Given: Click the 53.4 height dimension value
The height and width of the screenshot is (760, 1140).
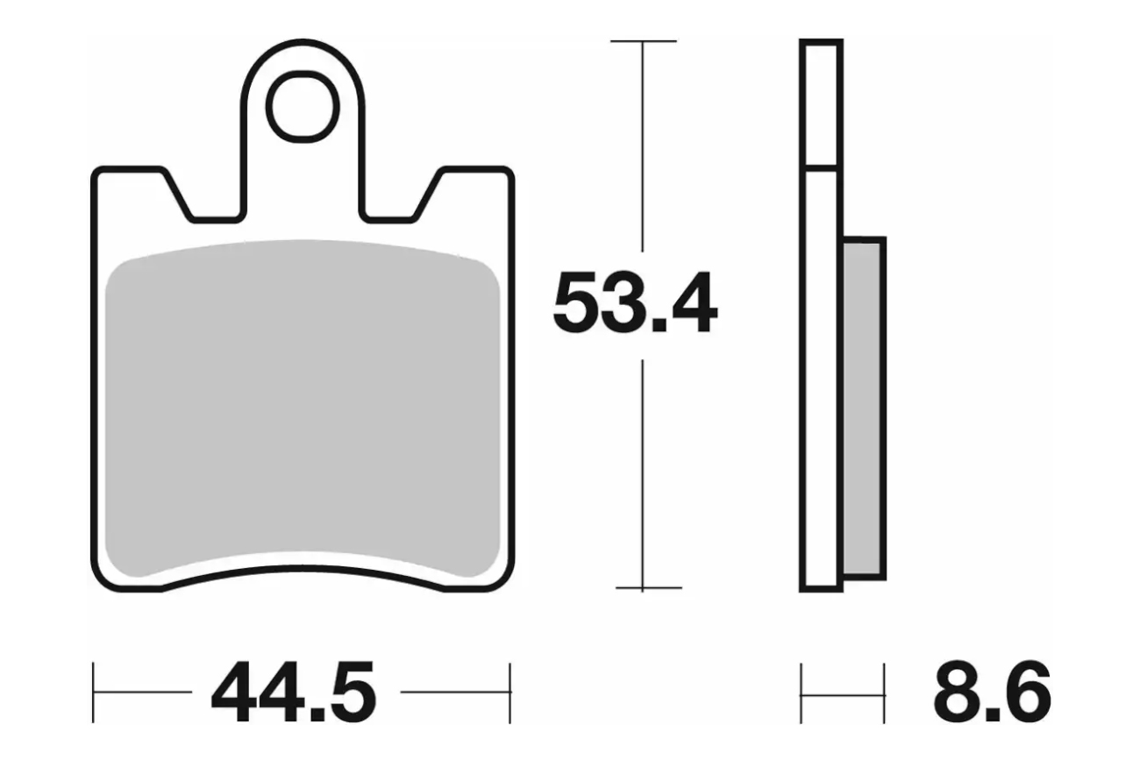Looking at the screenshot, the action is coord(635,302).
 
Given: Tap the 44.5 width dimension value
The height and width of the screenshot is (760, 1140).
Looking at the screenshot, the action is coord(294,691).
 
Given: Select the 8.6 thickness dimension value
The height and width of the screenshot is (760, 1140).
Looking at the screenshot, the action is coord(993,692).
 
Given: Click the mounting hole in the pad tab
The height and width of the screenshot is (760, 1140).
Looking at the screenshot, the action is coord(303,107).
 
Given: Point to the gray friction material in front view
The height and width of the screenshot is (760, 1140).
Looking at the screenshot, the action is coord(303,407).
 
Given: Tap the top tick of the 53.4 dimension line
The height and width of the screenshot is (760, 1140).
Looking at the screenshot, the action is coord(644,40).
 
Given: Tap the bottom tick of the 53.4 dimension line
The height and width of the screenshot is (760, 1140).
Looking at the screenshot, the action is coord(648,587).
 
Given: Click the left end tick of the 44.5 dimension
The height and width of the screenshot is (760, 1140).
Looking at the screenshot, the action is coord(93,693).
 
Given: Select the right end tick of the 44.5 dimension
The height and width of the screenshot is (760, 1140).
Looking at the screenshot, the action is coord(510,693).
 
